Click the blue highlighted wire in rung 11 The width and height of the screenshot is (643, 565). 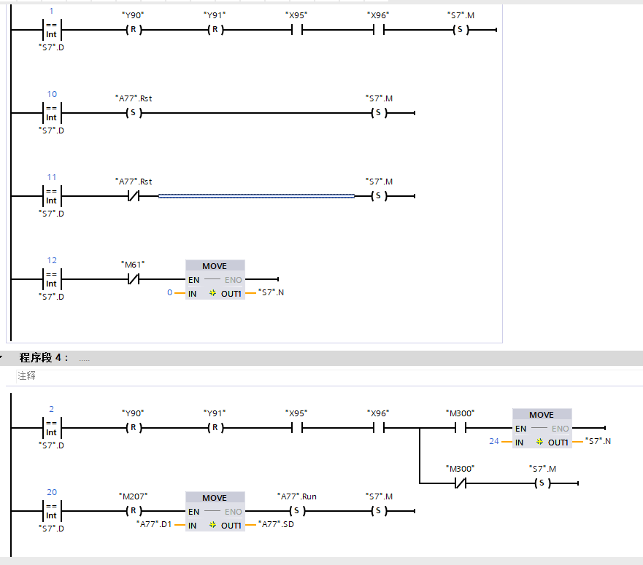coord(256,196)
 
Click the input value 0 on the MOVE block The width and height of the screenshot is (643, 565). coord(170,293)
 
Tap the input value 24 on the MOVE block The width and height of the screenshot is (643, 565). coord(494,442)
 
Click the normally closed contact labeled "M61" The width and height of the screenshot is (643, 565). coord(133,279)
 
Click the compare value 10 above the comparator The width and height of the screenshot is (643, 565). coord(52,94)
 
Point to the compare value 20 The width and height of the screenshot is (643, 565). coord(52,492)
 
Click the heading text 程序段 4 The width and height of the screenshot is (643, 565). coord(44,358)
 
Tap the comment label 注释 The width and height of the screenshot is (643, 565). coord(26,376)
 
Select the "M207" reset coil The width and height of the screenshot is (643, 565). coord(133,511)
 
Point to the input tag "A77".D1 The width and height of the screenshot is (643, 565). coord(154,524)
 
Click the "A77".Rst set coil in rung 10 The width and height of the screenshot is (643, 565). coord(133,114)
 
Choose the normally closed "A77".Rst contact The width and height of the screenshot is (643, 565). coord(133,196)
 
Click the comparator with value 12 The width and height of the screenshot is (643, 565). coord(51,279)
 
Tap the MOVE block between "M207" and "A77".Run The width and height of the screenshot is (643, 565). coord(215,511)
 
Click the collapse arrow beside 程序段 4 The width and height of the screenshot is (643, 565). coord(2,358)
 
